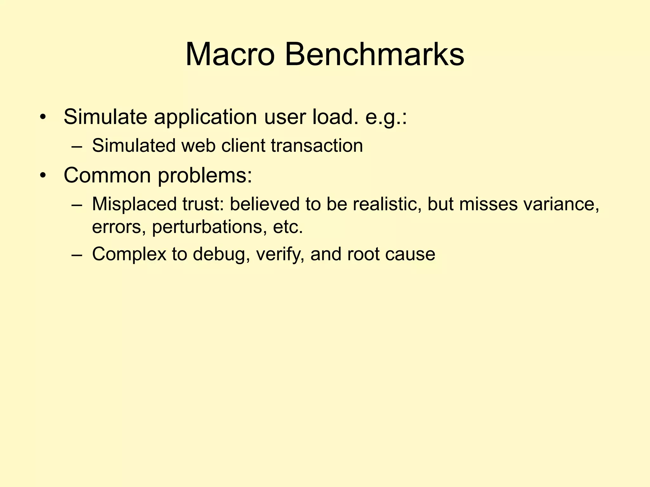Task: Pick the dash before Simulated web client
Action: [77, 146]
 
